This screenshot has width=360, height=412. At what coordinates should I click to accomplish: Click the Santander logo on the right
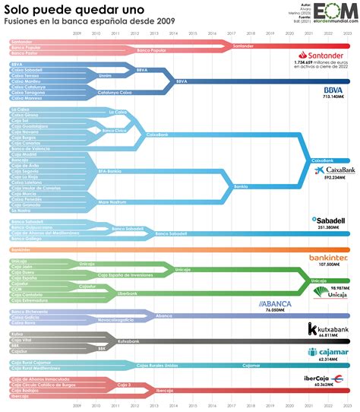(x=324, y=55)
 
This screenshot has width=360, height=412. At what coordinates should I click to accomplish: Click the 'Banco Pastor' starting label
(x=24, y=54)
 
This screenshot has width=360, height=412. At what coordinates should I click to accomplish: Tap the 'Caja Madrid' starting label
(x=23, y=155)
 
